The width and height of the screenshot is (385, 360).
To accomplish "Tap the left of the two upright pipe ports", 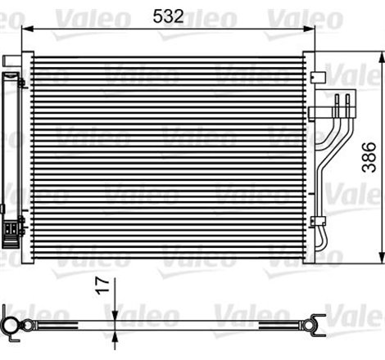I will click(x=336, y=101).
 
